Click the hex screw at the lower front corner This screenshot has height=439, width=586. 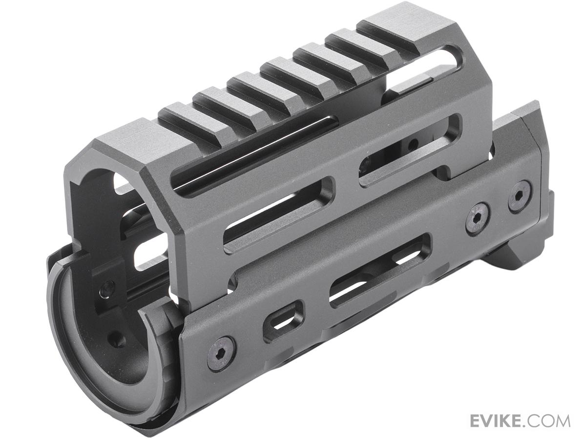tap(221, 353)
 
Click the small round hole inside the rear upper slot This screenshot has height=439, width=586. tap(414, 144)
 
